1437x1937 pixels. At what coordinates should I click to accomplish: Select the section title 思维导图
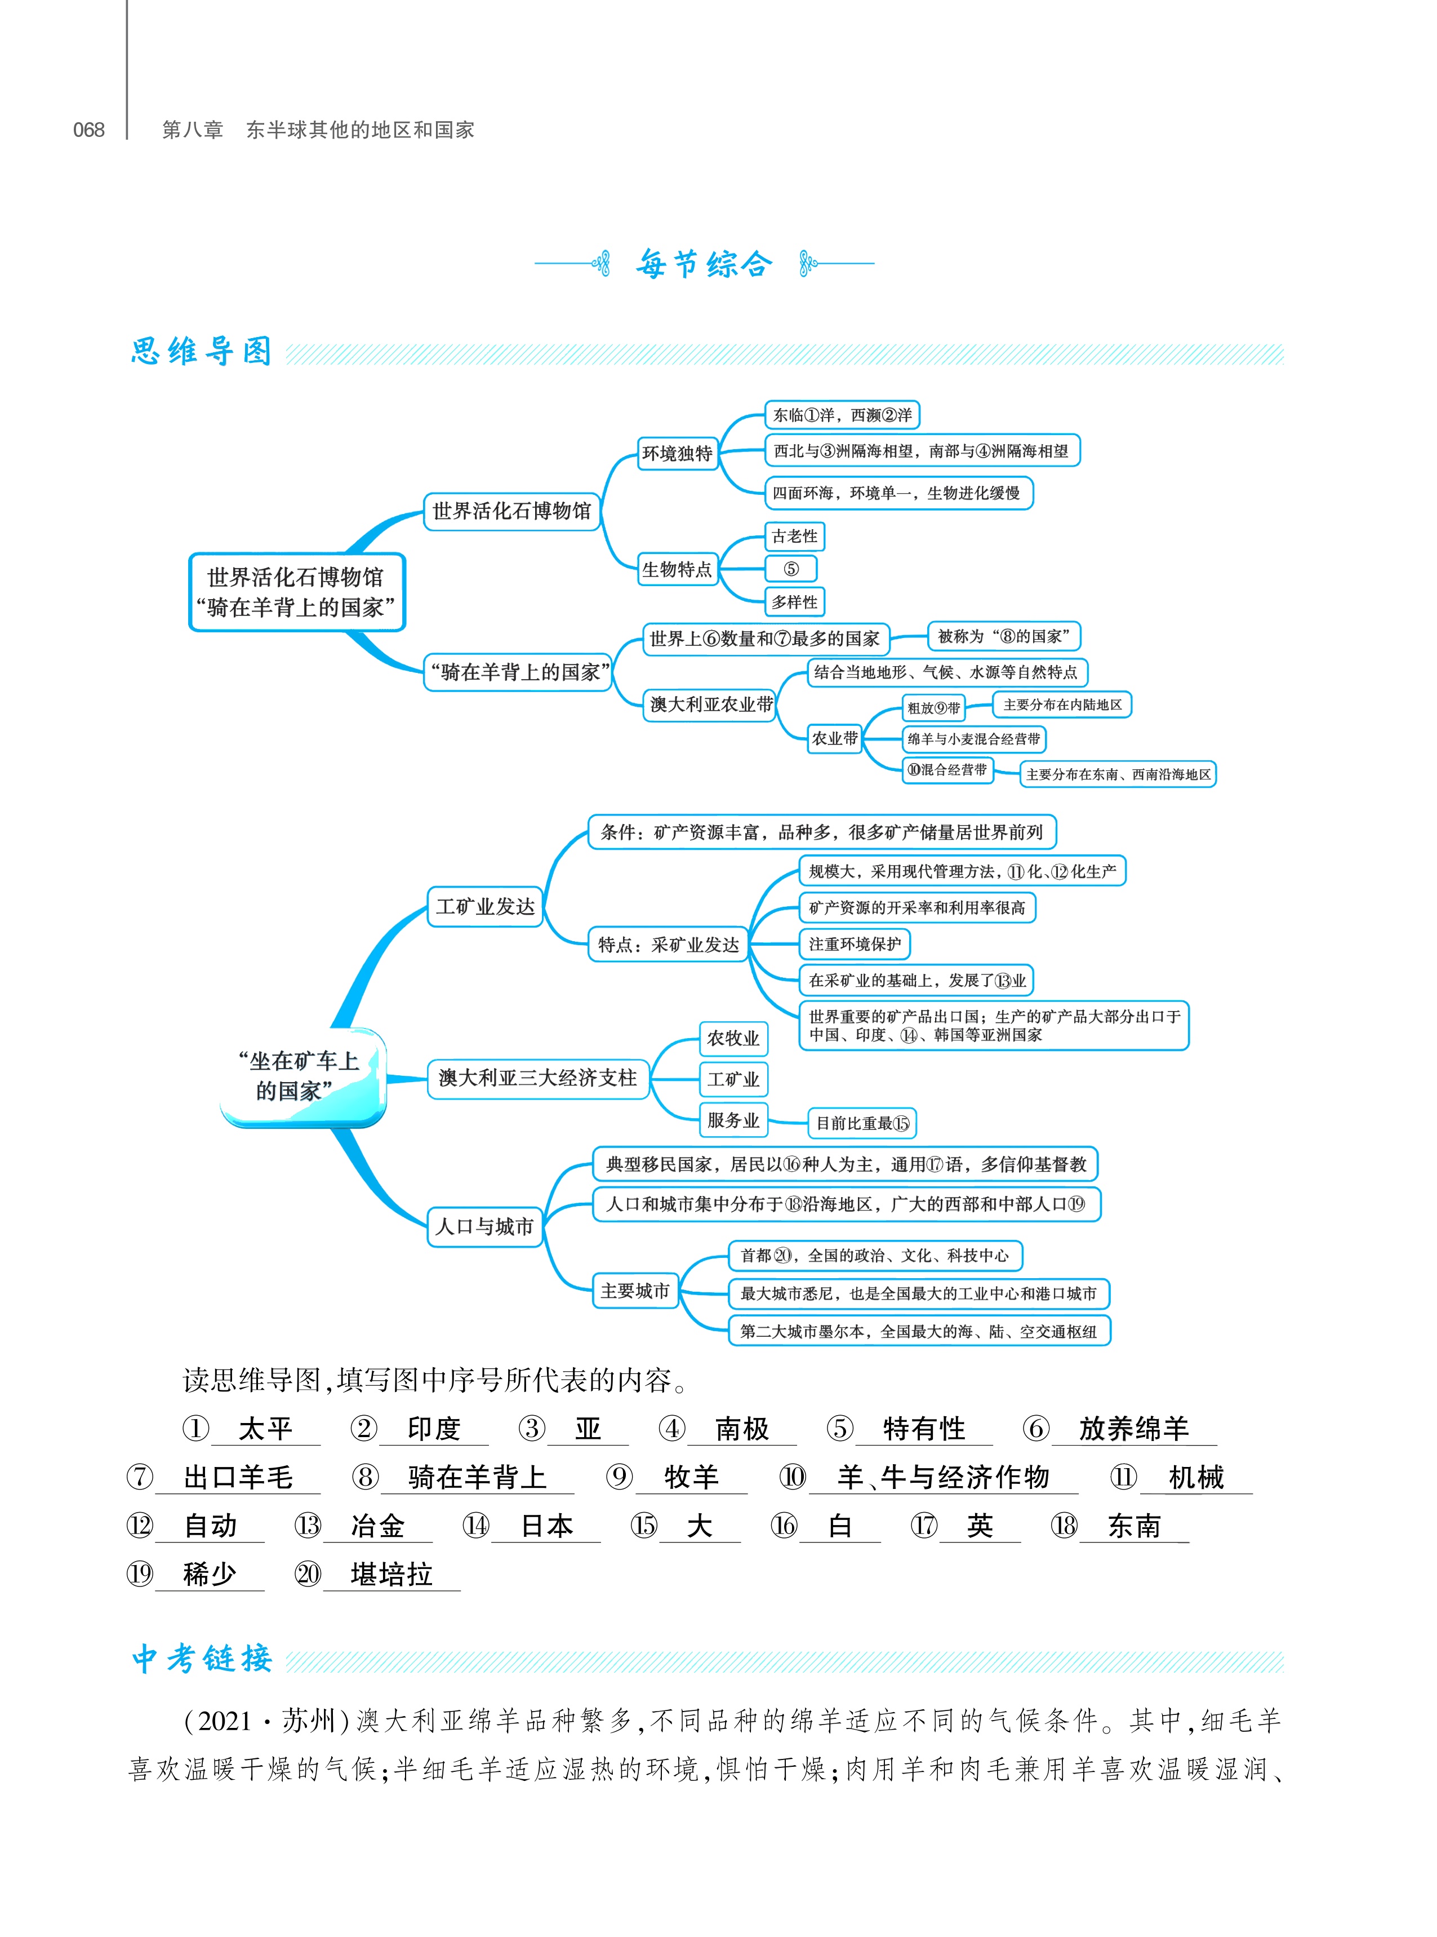pos(202,352)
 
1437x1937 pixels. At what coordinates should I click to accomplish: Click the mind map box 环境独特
pos(678,453)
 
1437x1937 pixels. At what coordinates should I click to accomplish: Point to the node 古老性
pos(794,536)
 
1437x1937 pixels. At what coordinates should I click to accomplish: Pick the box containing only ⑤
pos(791,569)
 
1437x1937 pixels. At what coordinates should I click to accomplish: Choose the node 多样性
pos(794,602)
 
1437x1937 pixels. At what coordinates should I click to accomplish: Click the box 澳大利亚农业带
pos(711,705)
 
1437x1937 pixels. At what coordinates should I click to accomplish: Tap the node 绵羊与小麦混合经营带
pos(973,739)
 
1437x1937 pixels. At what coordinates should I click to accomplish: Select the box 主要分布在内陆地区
pos(1062,705)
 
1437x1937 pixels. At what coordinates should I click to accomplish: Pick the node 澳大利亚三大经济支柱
pos(537,1078)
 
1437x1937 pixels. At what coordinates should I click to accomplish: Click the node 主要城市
pos(635,1291)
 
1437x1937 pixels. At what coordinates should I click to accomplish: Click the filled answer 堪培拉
pos(391,1573)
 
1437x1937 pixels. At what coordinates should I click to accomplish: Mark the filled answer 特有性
pos(924,1428)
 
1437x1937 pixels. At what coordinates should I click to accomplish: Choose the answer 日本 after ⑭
pos(546,1526)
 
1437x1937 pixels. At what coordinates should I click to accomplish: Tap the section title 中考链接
pos(202,1659)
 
